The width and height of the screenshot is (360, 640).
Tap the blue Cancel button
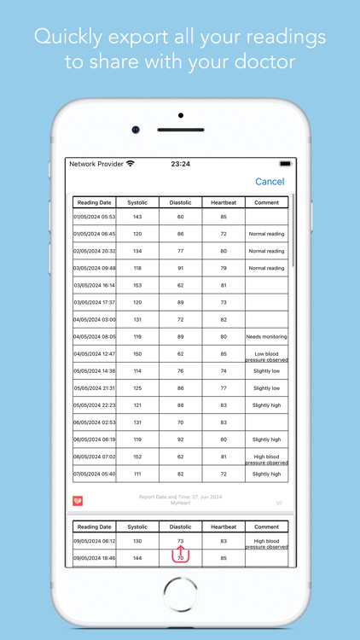pos(270,182)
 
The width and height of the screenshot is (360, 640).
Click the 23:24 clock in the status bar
pos(180,163)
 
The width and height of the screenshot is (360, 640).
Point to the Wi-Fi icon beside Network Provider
pos(131,163)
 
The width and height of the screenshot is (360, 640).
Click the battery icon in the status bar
pos(285,163)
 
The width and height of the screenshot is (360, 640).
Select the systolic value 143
pos(136,217)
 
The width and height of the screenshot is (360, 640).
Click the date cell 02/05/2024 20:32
pos(94,251)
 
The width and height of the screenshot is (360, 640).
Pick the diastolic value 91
pos(180,268)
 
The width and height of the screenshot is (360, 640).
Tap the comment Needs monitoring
pos(266,337)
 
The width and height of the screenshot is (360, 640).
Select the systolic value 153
pos(136,285)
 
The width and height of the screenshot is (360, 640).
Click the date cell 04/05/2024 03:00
pos(94,320)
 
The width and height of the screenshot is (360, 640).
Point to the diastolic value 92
pos(180,439)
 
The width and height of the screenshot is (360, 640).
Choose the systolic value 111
pos(136,474)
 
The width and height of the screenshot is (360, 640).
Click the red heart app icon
pos(78,501)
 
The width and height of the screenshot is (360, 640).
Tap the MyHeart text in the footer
pos(180,503)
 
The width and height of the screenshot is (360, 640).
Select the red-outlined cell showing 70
pos(180,558)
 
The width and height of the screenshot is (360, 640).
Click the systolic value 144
pos(136,558)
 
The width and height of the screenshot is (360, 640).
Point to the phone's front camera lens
pos(135,130)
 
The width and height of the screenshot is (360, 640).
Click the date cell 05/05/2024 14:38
pos(94,371)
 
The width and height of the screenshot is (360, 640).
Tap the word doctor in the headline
pos(270,62)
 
